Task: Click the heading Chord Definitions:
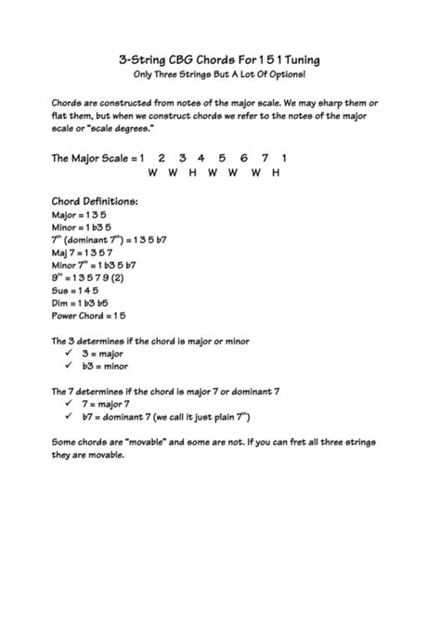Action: pyautogui.click(x=95, y=201)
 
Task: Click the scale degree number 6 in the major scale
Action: pyautogui.click(x=242, y=159)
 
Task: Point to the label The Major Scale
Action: pyautogui.click(x=90, y=160)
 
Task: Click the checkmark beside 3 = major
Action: pyautogui.click(x=70, y=355)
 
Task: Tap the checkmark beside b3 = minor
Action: pyautogui.click(x=70, y=367)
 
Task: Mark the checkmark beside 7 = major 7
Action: pyautogui.click(x=70, y=405)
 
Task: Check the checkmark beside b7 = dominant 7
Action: pyautogui.click(x=70, y=418)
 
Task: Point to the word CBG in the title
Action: pyautogui.click(x=175, y=58)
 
